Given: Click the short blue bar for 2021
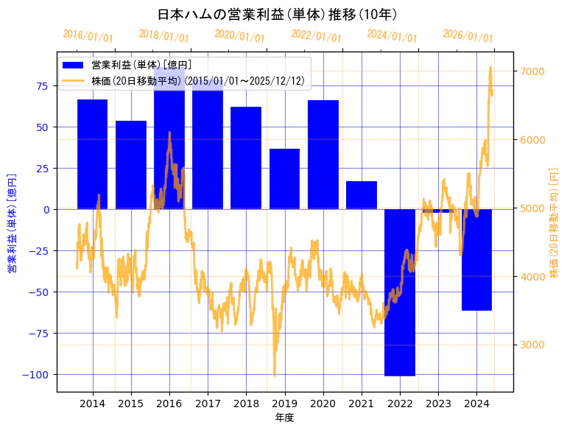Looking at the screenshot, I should coord(362,195).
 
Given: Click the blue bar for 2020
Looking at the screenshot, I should coord(323,155).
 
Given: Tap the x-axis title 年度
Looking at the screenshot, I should coord(285,417).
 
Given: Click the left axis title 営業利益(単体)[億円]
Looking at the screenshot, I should coord(12,222).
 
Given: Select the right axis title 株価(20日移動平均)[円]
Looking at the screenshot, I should coord(554,222).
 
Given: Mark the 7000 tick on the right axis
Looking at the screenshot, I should coord(532,71).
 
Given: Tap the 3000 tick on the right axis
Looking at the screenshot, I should coord(532,345).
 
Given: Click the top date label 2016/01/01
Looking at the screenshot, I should coord(88,36).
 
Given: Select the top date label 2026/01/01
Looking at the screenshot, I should coord(468,36).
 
